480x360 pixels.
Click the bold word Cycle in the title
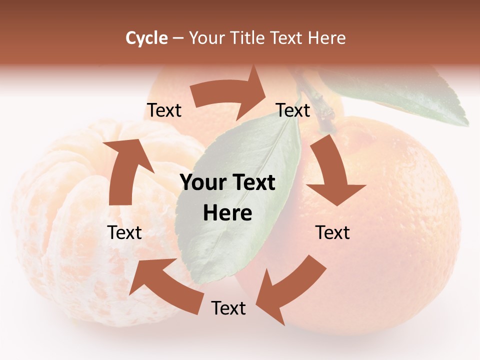146,38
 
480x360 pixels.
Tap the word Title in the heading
248,38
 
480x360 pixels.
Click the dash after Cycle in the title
178,38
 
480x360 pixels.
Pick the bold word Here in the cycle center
227,213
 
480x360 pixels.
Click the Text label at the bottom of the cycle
228,308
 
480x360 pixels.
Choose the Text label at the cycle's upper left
164,110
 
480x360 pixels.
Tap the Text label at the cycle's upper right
293,110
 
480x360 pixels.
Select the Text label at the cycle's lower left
124,232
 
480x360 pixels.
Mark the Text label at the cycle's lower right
332,232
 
